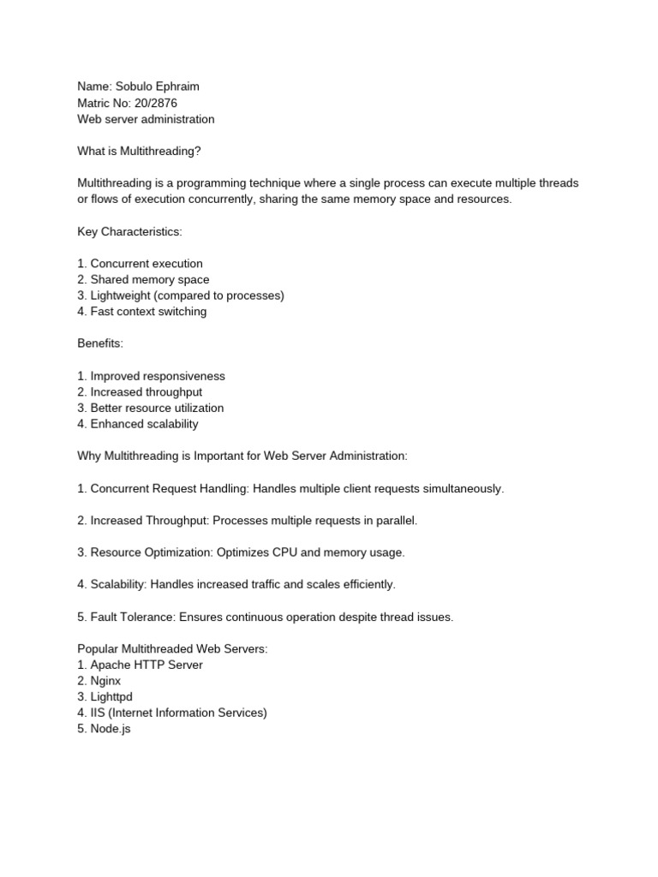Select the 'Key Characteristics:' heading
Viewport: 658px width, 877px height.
(x=129, y=231)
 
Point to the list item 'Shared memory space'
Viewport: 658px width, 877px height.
(x=149, y=279)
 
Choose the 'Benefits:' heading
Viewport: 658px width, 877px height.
(x=100, y=343)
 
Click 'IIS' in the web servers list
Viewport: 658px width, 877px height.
(x=99, y=713)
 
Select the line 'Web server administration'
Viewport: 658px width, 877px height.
(x=146, y=119)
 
